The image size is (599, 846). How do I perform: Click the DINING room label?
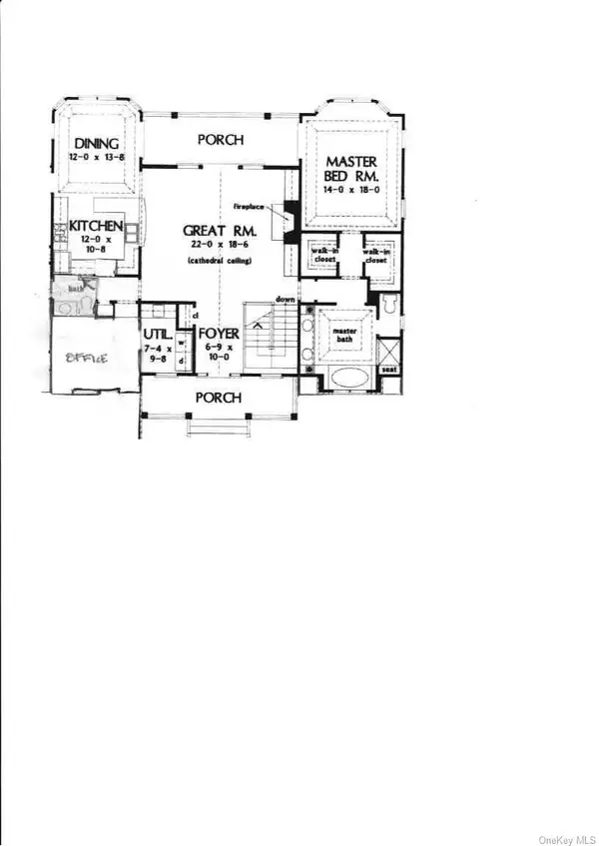coord(96,144)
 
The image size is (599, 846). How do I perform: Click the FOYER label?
coord(218,335)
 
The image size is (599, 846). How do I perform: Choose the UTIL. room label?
coord(158,335)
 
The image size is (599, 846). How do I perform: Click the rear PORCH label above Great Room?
coord(220,141)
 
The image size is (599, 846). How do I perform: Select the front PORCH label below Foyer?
coord(219,398)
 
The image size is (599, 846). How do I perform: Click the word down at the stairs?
coord(285,299)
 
